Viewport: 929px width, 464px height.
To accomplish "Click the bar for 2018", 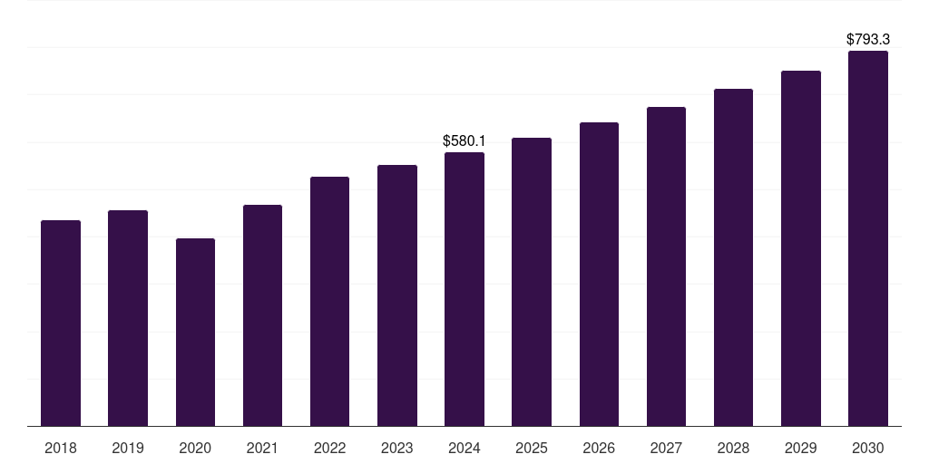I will tap(61, 323).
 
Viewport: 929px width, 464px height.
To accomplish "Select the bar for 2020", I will tap(195, 332).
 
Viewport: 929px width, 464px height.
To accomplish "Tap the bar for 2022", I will tap(329, 301).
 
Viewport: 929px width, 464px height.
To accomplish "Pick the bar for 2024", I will tap(464, 289).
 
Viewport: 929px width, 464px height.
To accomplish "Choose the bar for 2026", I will tap(599, 274).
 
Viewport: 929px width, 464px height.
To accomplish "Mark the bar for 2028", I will tap(733, 257).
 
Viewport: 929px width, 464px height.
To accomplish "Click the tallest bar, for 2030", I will tap(867, 238).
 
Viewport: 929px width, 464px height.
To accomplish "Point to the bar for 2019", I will tap(128, 318).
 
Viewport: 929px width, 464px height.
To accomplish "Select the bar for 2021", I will tap(262, 315).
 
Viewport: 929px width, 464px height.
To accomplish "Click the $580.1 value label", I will tap(464, 141).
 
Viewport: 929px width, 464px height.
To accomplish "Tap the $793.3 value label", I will tap(867, 40).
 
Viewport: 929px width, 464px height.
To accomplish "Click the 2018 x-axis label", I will tap(61, 449).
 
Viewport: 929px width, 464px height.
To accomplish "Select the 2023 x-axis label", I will tap(396, 449).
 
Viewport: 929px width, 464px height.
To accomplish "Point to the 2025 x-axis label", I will tap(532, 449).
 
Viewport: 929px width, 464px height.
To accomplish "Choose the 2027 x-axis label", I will tap(666, 449).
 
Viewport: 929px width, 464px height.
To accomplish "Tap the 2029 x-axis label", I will tap(800, 449).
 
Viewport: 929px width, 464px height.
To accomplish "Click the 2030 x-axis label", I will tap(867, 449).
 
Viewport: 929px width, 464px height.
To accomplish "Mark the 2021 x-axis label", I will tap(262, 449).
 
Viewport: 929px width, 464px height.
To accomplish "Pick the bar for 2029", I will tap(800, 248).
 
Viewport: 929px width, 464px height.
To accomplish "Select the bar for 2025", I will tap(532, 282).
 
